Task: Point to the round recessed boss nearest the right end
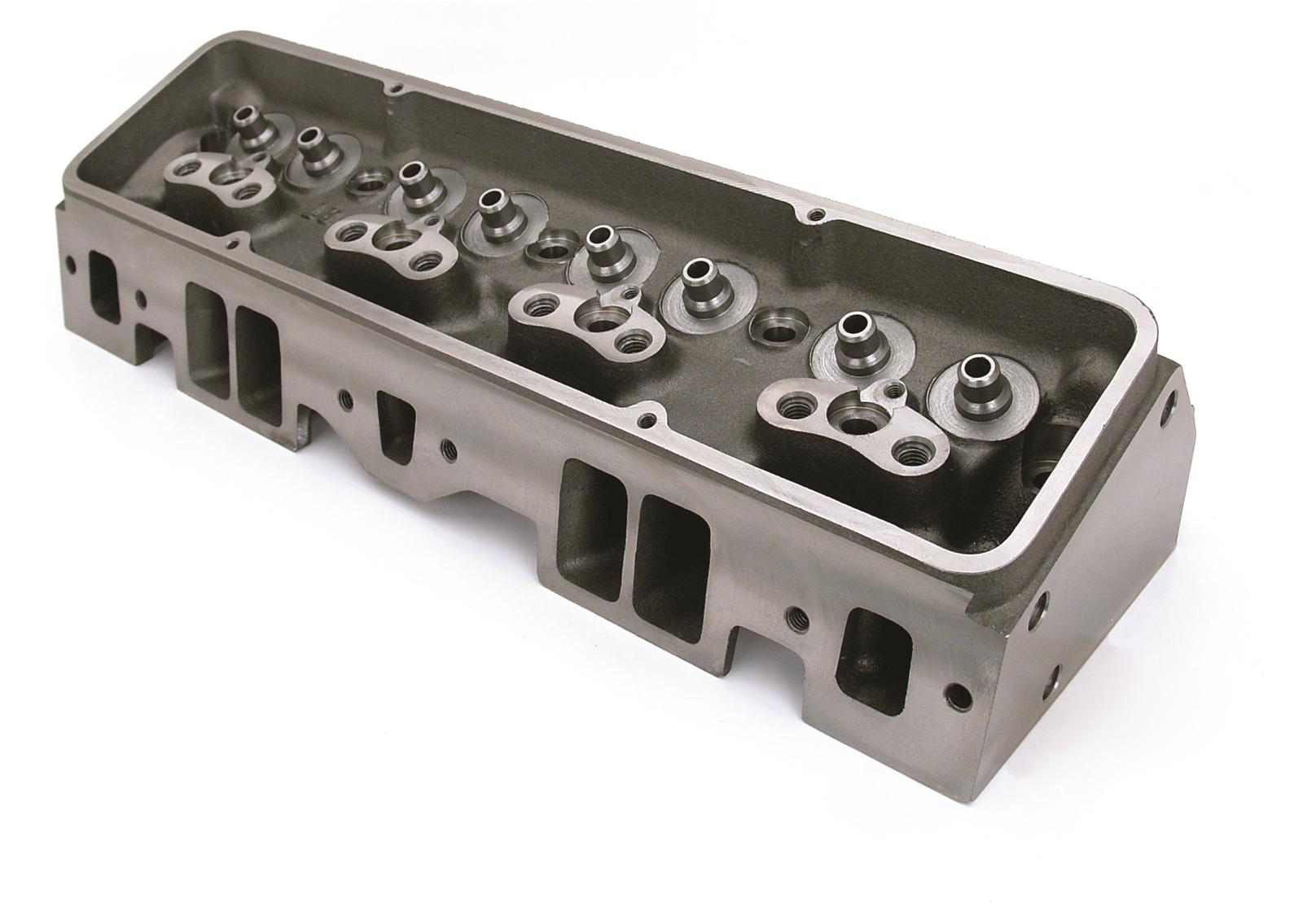pyautogui.click(x=773, y=327)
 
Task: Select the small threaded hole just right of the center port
pyautogui.click(x=446, y=447)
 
